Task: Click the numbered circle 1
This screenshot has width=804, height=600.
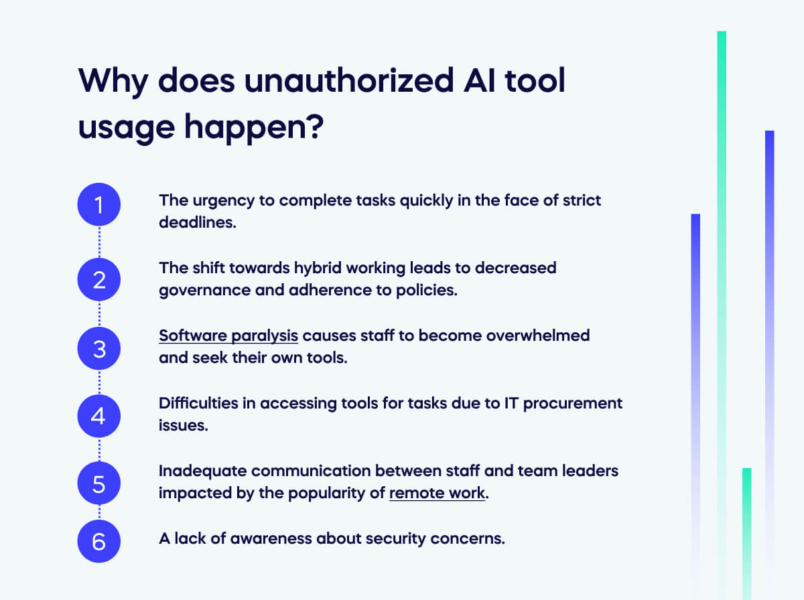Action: pos(99,205)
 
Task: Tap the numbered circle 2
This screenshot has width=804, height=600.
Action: pos(99,279)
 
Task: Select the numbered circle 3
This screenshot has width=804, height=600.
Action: pos(99,348)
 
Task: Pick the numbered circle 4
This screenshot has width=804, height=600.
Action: pos(99,417)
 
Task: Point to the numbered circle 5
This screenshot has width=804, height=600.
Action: pos(99,483)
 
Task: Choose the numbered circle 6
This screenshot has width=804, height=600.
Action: pos(99,541)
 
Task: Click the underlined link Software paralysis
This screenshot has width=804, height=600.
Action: pos(228,335)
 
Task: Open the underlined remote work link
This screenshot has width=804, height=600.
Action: pos(437,494)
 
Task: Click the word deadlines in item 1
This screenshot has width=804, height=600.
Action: pos(197,222)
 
